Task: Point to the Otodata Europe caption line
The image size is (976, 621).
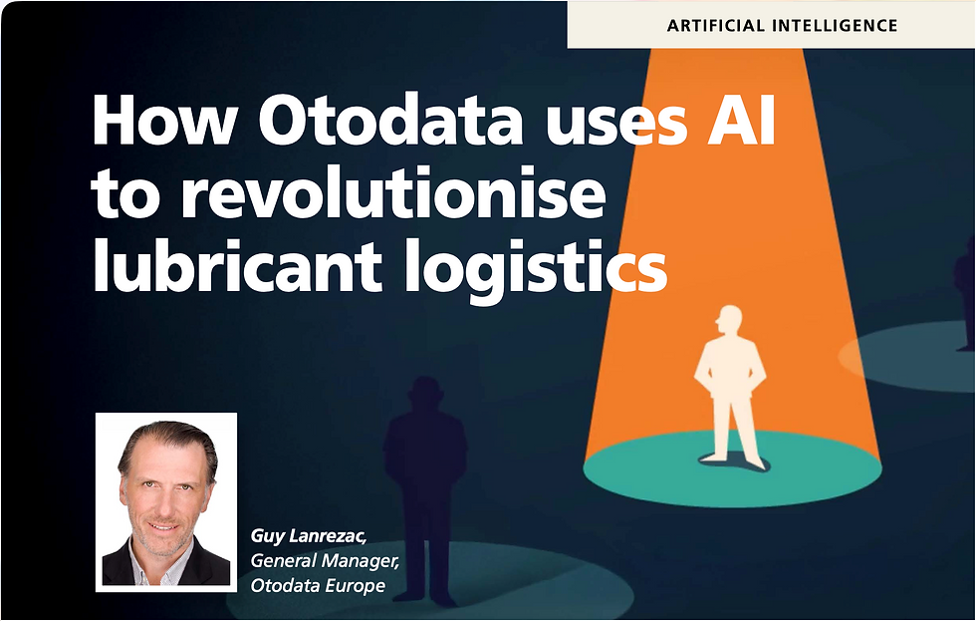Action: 317,585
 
